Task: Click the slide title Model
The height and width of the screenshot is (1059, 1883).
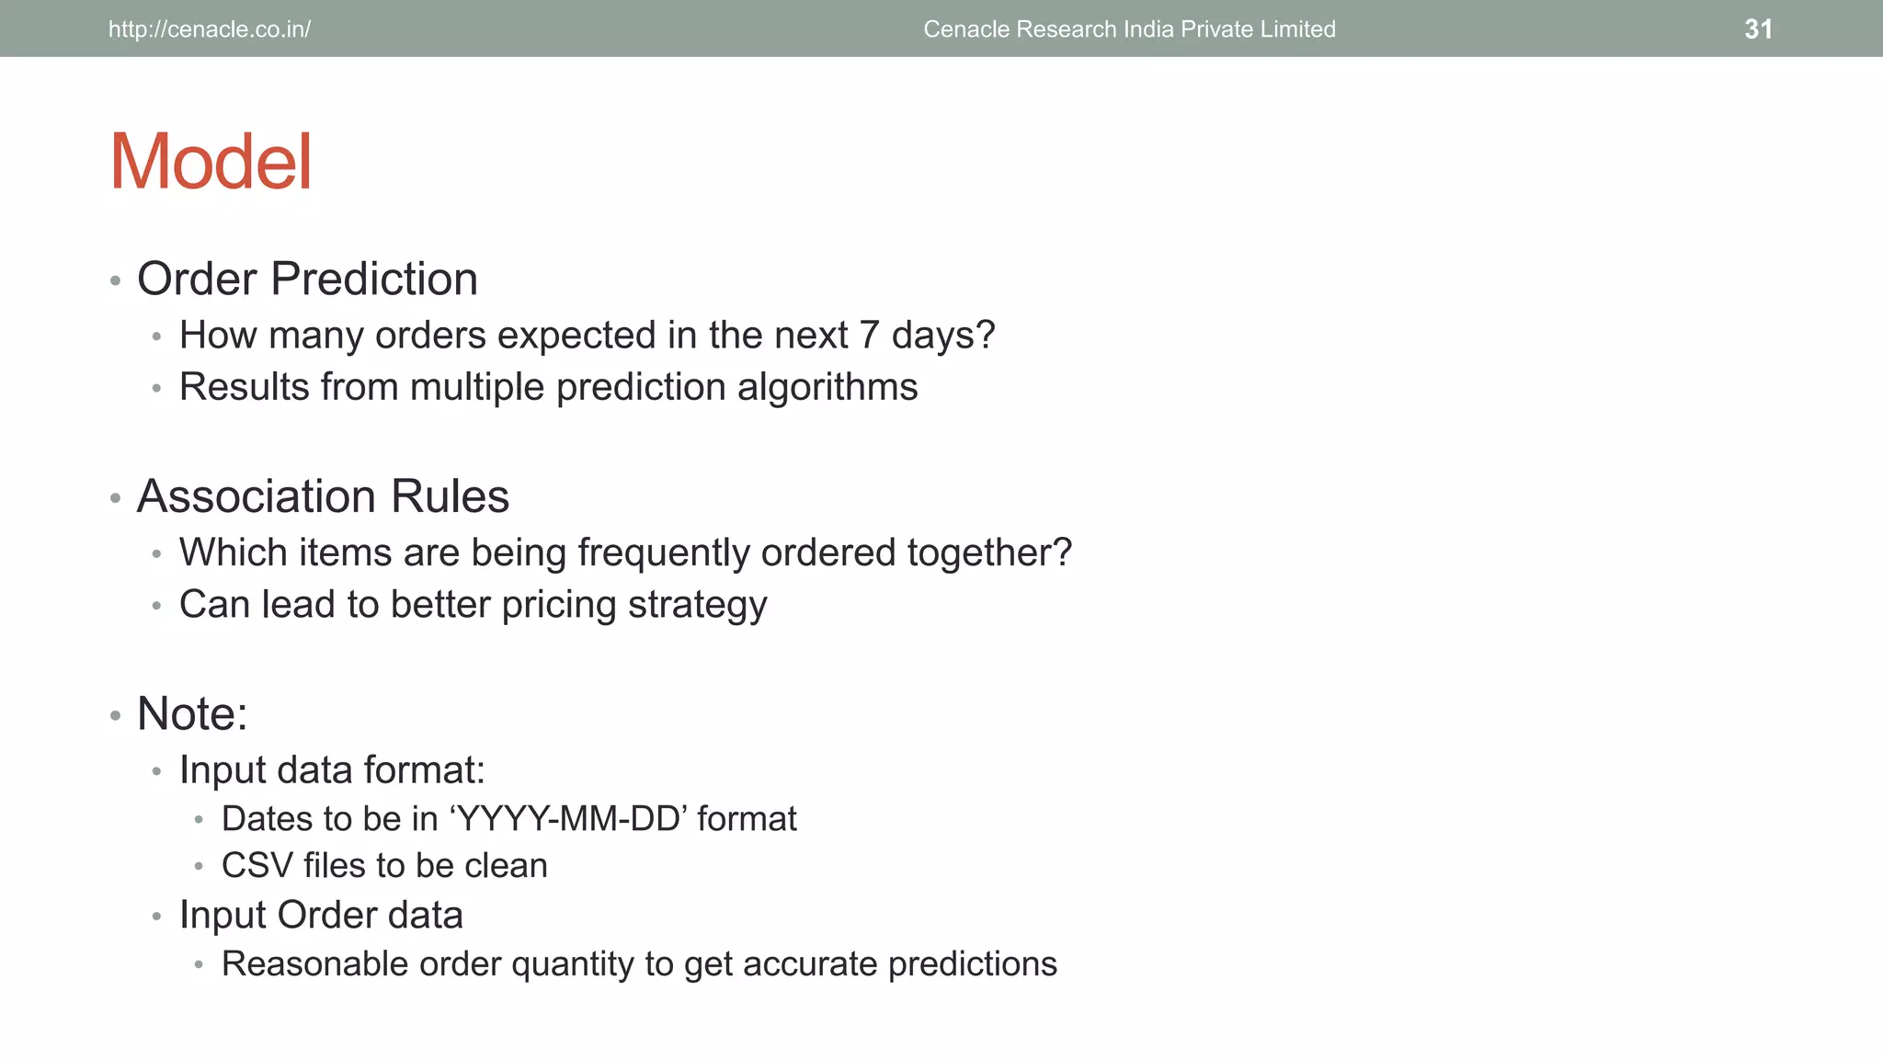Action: (211, 163)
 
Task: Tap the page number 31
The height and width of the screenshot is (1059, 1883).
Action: (1758, 29)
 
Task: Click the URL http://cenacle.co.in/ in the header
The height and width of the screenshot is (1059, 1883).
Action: (210, 29)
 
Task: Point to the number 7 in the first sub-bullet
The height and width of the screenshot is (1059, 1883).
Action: (869, 336)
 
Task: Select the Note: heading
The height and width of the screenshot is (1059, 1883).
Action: (192, 713)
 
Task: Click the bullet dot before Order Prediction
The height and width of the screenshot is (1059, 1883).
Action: (115, 280)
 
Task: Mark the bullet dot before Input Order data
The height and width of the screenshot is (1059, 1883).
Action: (157, 917)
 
